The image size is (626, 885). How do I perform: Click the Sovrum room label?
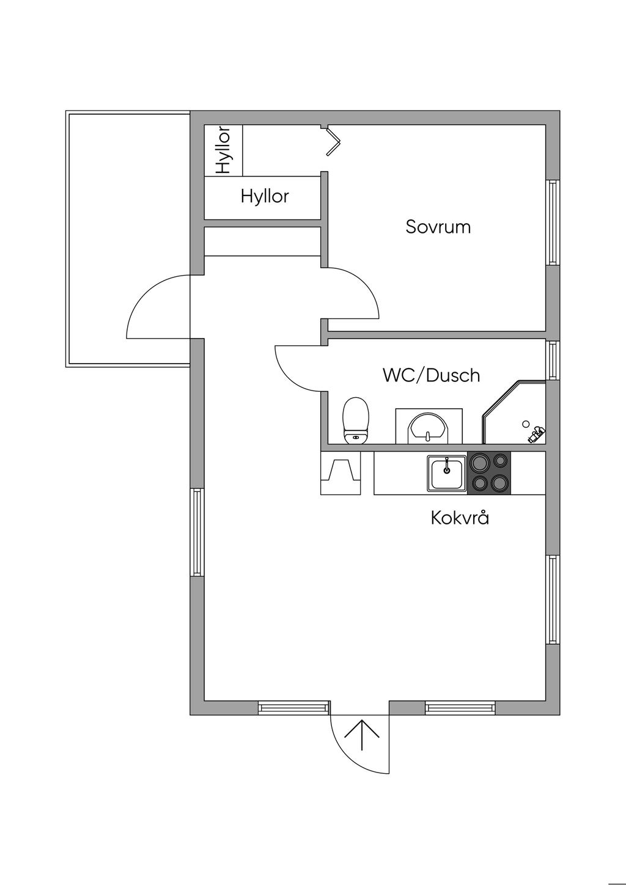click(438, 227)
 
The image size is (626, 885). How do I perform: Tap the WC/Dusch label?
click(431, 375)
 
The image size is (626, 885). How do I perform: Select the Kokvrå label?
click(460, 518)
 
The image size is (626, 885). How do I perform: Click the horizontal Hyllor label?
click(264, 196)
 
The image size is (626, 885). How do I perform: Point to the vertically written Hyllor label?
click(223, 150)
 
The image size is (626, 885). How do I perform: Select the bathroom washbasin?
click(427, 426)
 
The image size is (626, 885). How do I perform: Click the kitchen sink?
click(447, 472)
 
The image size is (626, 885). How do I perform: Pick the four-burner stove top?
click(489, 472)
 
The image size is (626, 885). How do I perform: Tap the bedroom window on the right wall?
click(553, 222)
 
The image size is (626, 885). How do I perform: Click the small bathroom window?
click(553, 360)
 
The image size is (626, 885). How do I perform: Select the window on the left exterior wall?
click(197, 532)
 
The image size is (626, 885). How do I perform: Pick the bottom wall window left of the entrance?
click(293, 708)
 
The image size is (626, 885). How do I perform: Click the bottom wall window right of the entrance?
click(460, 708)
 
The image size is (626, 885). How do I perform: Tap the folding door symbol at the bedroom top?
click(333, 141)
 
